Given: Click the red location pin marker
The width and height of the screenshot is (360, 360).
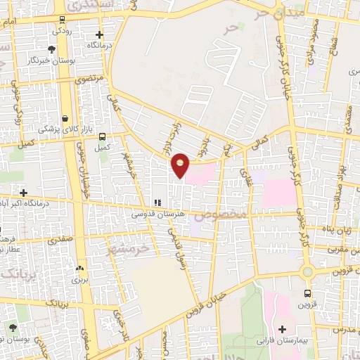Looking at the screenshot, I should pyautogui.click(x=181, y=165).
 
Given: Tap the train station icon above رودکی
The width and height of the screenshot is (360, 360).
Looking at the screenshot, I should pyautogui.click(x=64, y=19).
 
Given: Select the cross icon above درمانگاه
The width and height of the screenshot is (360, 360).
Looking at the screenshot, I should pyautogui.click(x=99, y=34).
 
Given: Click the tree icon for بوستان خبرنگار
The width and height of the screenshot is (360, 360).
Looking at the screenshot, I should pyautogui.click(x=51, y=49).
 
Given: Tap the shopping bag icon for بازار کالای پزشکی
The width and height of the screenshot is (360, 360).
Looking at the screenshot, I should pyautogui.click(x=65, y=119).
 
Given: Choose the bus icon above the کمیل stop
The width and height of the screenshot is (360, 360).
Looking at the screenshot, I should pyautogui.click(x=103, y=136).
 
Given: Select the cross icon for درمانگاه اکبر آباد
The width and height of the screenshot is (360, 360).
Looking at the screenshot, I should pyautogui.click(x=23, y=193).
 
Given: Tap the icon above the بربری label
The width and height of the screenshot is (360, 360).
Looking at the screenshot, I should pyautogui.click(x=79, y=268).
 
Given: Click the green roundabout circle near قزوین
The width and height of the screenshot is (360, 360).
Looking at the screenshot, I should pyautogui.click(x=307, y=271).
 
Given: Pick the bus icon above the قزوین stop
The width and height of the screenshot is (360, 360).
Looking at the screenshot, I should pyautogui.click(x=307, y=292).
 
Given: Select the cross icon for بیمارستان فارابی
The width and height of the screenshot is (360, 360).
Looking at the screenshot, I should pyautogui.click(x=283, y=329).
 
